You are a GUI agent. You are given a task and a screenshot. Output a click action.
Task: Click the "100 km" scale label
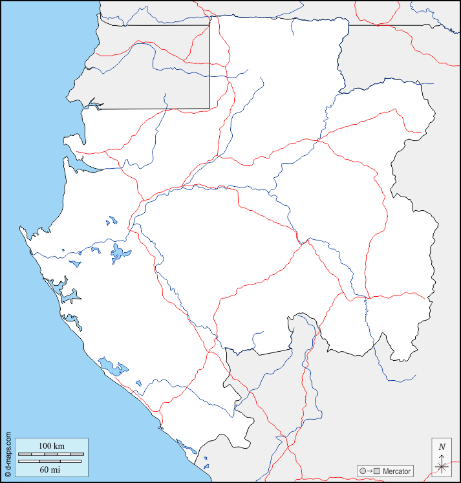(x=51, y=446)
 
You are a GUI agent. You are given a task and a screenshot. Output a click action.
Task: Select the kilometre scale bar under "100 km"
(x=50, y=455)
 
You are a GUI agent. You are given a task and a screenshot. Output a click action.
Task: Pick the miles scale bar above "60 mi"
(x=50, y=461)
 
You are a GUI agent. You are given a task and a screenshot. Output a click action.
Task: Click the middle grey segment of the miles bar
(x=49, y=461)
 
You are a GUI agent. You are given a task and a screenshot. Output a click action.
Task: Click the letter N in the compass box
(x=442, y=447)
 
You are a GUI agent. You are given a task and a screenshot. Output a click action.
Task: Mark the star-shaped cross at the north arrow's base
(x=442, y=467)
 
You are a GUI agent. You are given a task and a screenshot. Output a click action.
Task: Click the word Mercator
(x=396, y=471)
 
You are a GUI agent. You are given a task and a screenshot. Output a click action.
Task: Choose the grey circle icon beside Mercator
(x=362, y=471)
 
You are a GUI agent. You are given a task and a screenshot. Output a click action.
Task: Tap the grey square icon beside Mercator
(x=378, y=471)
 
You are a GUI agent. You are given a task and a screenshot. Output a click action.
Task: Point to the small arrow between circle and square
(x=370, y=471)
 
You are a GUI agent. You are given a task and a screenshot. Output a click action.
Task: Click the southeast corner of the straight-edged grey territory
(x=209, y=108)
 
